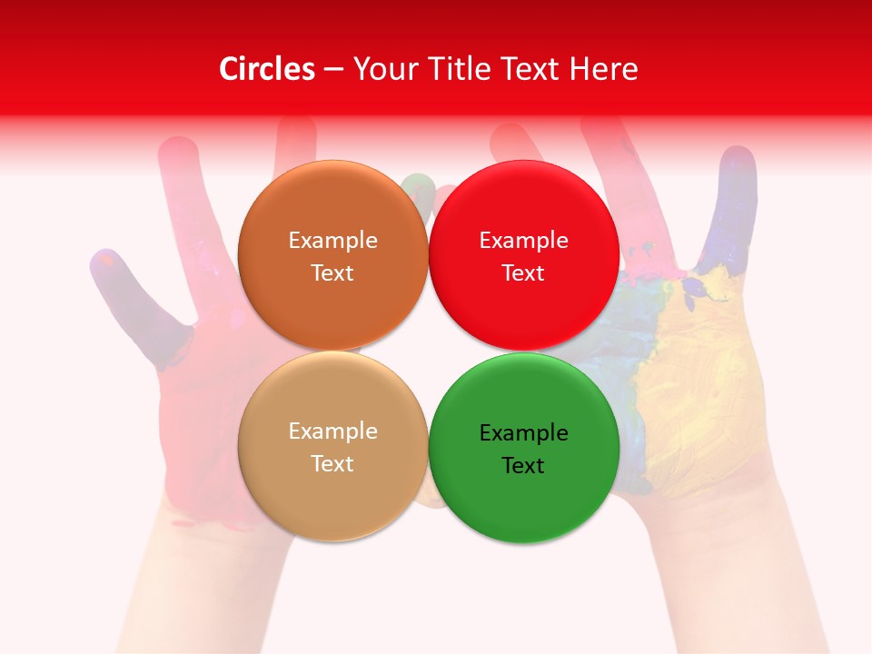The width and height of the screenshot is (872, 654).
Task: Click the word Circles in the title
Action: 267,69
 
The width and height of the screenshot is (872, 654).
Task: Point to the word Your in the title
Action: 383,69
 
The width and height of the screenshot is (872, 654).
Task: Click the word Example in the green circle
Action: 523,433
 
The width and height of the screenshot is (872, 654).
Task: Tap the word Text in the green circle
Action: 523,466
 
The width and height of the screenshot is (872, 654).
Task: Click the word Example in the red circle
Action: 523,241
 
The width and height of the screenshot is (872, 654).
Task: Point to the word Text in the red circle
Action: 523,273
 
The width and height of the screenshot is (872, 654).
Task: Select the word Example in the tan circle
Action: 332,431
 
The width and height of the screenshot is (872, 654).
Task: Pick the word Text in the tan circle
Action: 332,464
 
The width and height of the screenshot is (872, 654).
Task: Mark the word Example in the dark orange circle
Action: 332,241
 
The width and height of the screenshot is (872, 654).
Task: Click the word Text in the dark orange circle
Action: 332,273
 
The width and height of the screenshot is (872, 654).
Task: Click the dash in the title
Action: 333,70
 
